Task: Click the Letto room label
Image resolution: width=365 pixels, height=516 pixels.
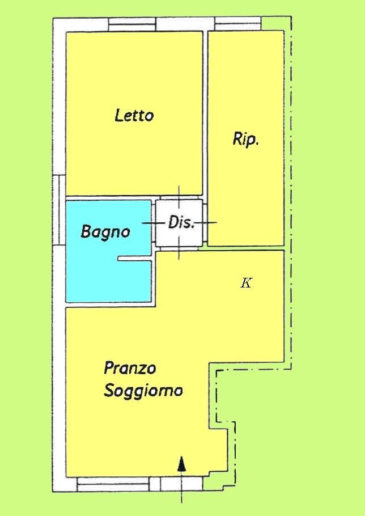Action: [x=134, y=116]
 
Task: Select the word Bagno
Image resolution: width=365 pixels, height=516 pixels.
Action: [x=105, y=231]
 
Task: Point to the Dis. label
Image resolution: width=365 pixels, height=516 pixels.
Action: [x=181, y=222]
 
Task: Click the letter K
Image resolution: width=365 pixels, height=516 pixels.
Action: [x=246, y=283]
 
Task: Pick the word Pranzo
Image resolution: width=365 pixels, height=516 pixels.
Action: [x=130, y=368]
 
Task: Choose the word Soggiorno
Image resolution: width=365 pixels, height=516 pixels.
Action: [x=143, y=391]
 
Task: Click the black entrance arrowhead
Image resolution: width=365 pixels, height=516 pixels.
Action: [x=181, y=464]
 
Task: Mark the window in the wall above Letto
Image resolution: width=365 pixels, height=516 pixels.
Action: [x=133, y=24]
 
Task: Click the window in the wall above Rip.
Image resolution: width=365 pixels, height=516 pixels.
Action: [x=238, y=24]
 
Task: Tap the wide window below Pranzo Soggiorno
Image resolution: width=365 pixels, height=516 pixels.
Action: [x=113, y=484]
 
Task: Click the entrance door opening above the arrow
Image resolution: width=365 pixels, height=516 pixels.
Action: [x=181, y=484]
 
